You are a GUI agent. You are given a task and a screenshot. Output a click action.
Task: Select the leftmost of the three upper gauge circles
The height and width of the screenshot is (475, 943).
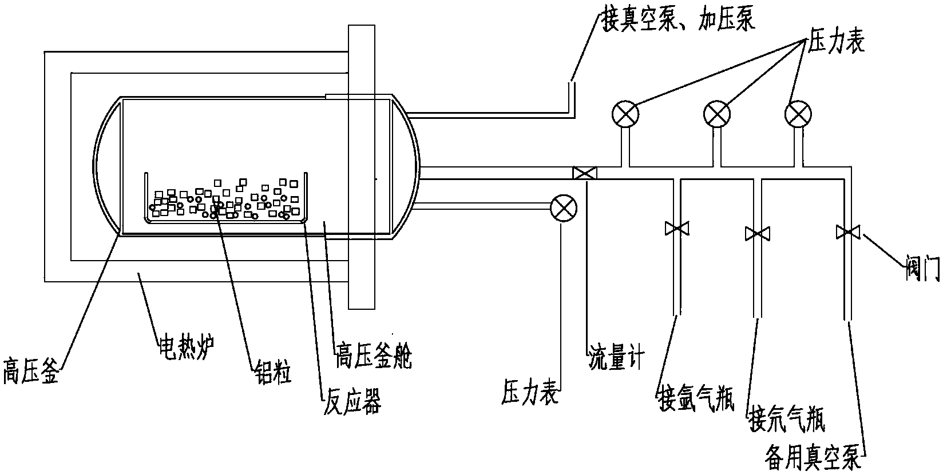tap(625, 114)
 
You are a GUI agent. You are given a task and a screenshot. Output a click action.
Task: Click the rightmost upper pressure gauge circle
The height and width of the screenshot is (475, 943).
tap(797, 114)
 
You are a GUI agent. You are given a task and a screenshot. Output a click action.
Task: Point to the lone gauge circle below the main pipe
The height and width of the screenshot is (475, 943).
tap(562, 207)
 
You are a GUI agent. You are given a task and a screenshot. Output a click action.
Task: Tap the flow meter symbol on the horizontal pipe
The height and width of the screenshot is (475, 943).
tap(585, 173)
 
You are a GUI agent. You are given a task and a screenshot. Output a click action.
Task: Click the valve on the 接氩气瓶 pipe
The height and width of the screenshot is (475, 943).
tap(677, 229)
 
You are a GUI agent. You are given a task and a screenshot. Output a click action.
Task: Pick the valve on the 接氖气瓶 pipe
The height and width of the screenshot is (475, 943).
tap(758, 233)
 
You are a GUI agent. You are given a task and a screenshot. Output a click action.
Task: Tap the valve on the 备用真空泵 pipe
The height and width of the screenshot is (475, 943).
tap(847, 232)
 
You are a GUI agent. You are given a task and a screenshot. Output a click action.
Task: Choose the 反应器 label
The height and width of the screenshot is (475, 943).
tap(352, 401)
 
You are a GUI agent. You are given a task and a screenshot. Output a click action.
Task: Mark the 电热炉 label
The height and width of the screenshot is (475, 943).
tap(187, 346)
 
